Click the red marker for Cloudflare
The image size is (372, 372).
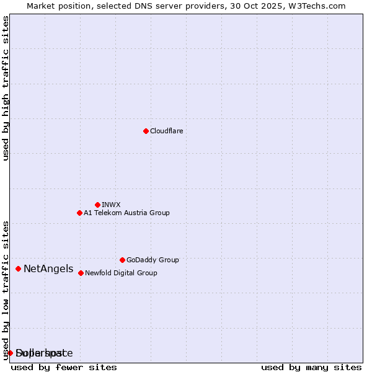pyautogui.click(x=146, y=131)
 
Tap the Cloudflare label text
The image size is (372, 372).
pyautogui.click(x=166, y=131)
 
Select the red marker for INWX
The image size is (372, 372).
pyautogui.click(x=97, y=205)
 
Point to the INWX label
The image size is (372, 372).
pyautogui.click(x=111, y=205)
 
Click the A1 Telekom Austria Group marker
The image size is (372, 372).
pyautogui.click(x=79, y=213)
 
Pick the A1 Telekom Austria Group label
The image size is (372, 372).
pyautogui.click(x=126, y=213)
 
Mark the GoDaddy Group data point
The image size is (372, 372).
pyautogui.click(x=122, y=260)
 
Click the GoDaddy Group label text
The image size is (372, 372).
pyautogui.click(x=153, y=260)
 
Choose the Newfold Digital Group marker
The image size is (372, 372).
pyautogui.click(x=81, y=273)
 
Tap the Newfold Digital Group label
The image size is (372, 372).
pyautogui.click(x=121, y=273)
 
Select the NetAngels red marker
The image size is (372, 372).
pyautogui.click(x=19, y=268)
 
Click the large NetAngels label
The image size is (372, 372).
pyautogui.click(x=48, y=269)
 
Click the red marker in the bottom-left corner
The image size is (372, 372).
pyautogui.click(x=11, y=353)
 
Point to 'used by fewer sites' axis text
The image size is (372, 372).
pyautogui.click(x=64, y=367)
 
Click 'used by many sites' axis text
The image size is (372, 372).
pyautogui.click(x=311, y=367)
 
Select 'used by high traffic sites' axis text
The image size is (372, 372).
pyautogui.click(x=6, y=88)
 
